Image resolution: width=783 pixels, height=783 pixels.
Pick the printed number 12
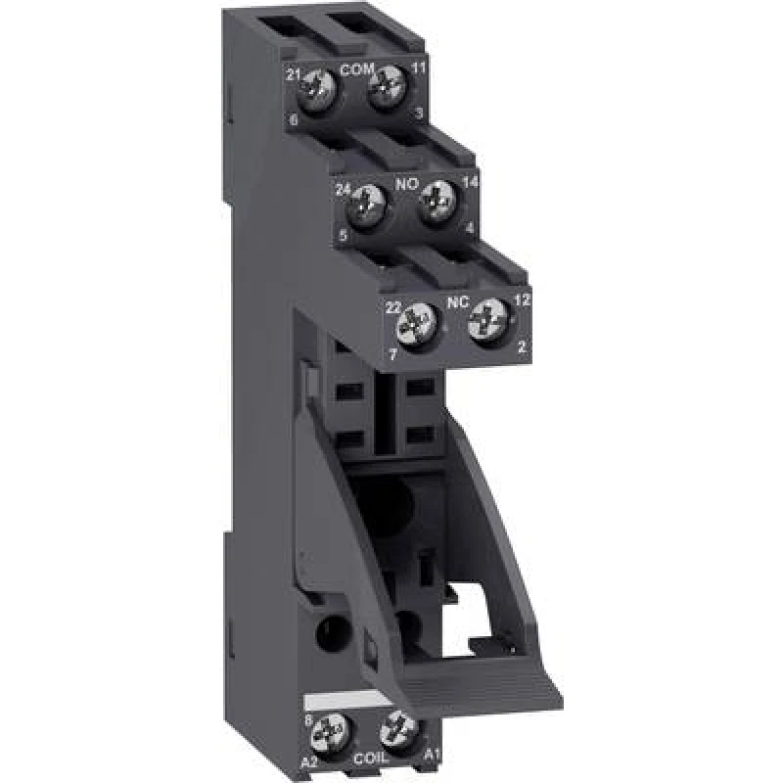click(523, 301)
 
